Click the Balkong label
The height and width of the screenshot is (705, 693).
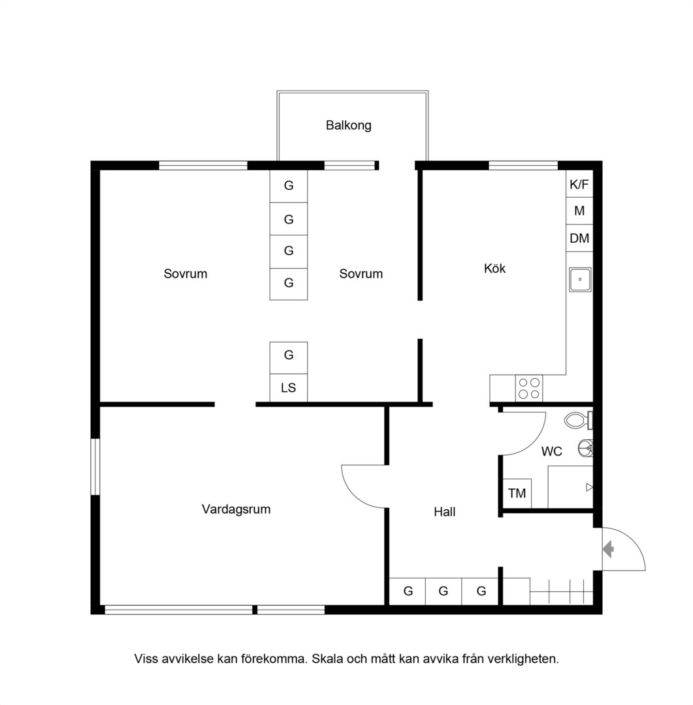point(348,125)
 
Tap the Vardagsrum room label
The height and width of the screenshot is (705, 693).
point(236,509)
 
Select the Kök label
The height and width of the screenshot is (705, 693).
point(494,268)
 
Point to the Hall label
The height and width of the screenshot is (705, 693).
point(445,512)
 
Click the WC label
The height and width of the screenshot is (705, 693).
point(551,451)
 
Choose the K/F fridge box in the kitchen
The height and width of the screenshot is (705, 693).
point(579,184)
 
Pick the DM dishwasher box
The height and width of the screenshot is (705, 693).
point(579,238)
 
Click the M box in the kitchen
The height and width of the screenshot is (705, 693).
point(579,211)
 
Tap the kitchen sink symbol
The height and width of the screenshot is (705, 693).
point(580,279)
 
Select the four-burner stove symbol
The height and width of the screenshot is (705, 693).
point(529,388)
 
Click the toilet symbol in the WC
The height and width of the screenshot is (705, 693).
point(578,421)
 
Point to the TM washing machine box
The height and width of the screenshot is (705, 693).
point(517,493)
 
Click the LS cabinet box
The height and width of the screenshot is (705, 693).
point(289,388)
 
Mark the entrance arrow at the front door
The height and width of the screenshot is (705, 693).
point(608,549)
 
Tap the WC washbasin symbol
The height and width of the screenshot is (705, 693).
point(585,448)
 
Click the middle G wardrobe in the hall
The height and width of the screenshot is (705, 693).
point(443,591)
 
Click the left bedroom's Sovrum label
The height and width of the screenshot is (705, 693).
point(185,274)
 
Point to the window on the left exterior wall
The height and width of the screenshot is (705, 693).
point(95,467)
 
